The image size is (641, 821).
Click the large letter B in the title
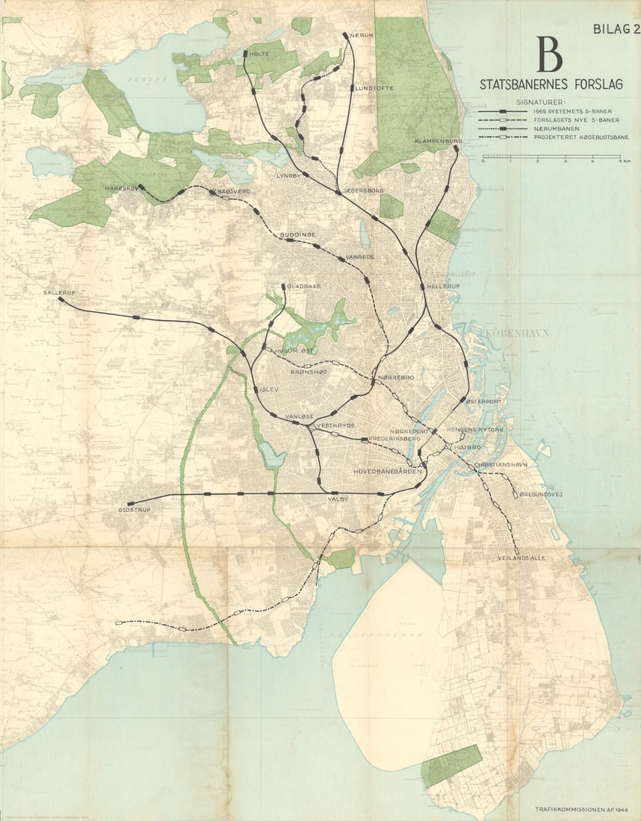548,55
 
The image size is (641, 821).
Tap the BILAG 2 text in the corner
614,29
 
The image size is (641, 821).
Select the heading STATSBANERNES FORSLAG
550,84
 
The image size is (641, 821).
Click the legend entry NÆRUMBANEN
556,128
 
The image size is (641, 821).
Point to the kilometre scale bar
551,157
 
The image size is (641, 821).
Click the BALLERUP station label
61,293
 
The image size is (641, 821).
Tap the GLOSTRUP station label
134,511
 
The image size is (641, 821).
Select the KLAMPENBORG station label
439,140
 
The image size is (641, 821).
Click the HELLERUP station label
442,286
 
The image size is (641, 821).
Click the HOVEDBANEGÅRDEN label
388,472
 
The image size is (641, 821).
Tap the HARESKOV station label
123,188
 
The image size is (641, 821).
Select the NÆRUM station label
356,35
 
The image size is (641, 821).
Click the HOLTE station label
258,54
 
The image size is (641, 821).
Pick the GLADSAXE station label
303,285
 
